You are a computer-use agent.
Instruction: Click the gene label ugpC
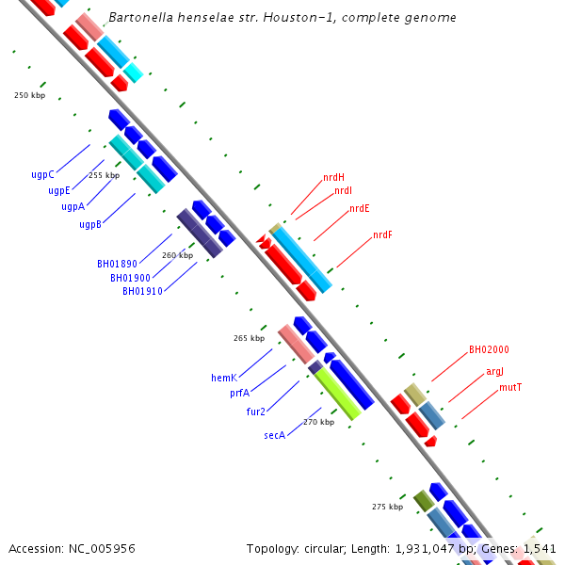[42, 174]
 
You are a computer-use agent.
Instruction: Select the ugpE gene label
[59, 190]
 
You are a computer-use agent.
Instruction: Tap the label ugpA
[73, 206]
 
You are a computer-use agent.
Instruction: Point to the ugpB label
[90, 224]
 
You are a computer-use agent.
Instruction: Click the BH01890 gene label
[117, 265]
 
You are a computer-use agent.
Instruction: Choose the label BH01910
[142, 291]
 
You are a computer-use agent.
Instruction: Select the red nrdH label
[333, 177]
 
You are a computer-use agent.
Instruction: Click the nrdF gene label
[382, 234]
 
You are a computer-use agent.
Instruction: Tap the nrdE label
[359, 209]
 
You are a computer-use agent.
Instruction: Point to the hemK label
[223, 378]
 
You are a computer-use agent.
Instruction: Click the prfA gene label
[239, 393]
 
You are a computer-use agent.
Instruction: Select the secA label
[274, 436]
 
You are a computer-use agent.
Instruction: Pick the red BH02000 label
[489, 349]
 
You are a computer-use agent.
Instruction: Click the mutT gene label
[510, 387]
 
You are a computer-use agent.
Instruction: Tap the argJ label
[494, 372]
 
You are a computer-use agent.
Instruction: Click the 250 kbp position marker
[29, 95]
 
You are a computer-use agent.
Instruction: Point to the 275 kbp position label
[387, 507]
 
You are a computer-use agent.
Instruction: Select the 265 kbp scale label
[249, 337]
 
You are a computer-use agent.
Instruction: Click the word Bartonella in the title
[138, 18]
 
